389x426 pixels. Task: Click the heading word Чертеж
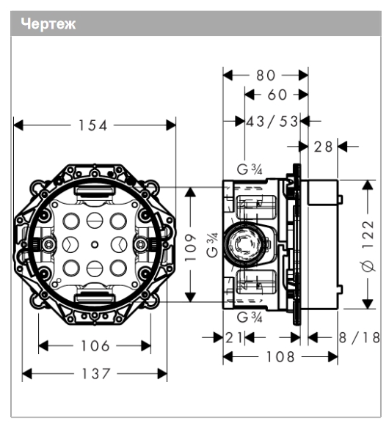(x=48, y=24)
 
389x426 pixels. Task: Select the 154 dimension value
(x=93, y=125)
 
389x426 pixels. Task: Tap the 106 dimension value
(x=95, y=346)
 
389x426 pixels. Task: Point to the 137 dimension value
(x=96, y=373)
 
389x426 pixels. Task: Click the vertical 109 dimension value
(x=190, y=247)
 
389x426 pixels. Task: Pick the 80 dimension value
(x=266, y=76)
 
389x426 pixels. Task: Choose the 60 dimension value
(x=277, y=95)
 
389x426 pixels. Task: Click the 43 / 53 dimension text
(x=272, y=121)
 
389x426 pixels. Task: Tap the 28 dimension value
(x=324, y=147)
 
